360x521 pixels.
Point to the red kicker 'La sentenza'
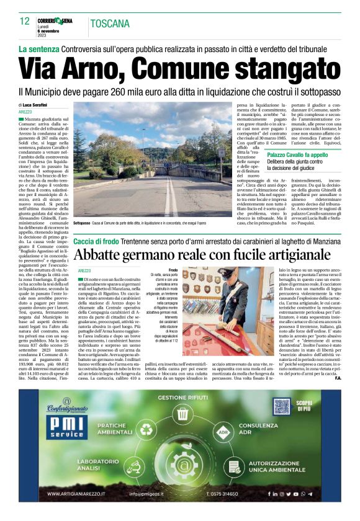pos(38,48)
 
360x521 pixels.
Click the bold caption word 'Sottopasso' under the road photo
pos(82,221)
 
